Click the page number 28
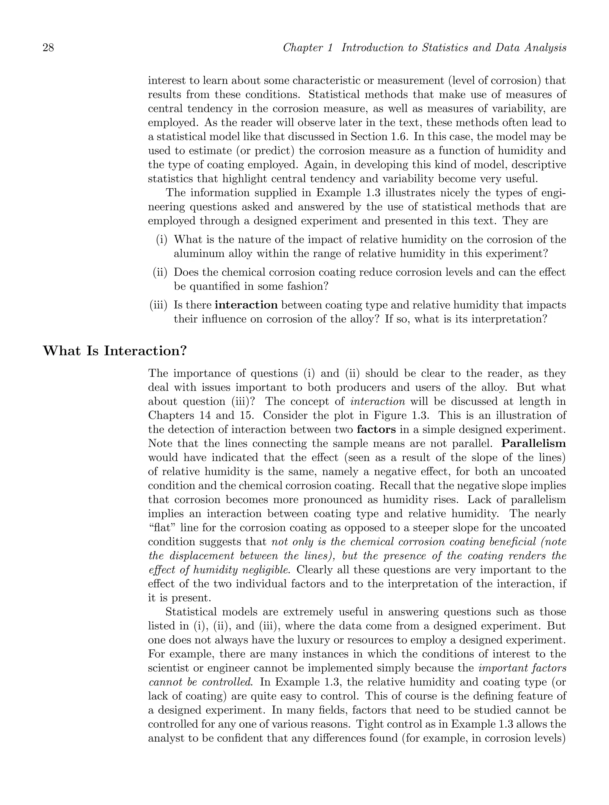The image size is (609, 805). [x=48, y=48]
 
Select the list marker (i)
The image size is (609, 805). [x=162, y=240]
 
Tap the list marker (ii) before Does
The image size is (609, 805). [x=160, y=272]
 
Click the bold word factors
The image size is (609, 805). [x=376, y=430]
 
